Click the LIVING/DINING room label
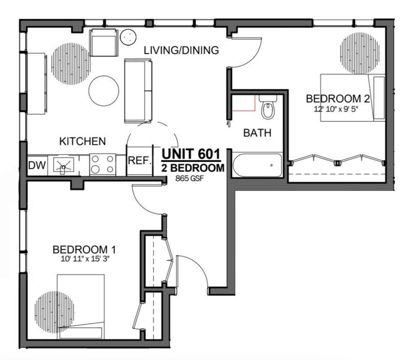181,50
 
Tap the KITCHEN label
83,141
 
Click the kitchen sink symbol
64,165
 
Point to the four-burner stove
102,165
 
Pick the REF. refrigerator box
139,161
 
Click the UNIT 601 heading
191,154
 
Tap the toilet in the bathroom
267,108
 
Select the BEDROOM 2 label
337,98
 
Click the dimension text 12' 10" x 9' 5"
337,109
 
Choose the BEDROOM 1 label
85,250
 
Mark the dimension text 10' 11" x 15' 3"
85,259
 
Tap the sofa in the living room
138,90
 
